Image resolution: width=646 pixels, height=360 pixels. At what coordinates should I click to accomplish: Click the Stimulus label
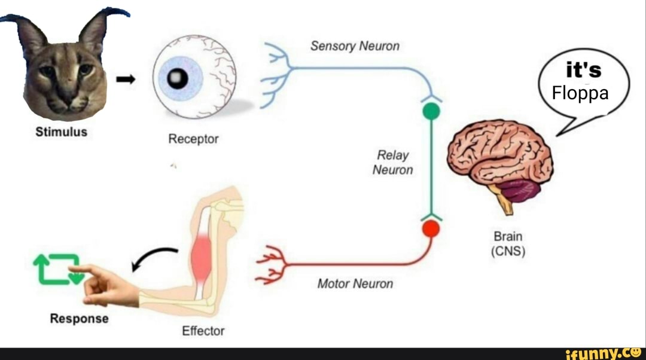(62, 132)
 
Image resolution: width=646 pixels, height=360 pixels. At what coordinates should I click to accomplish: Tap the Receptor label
(193, 139)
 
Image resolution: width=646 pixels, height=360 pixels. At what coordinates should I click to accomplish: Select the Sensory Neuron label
(355, 46)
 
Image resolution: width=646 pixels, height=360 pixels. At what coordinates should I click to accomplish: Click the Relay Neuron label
(392, 163)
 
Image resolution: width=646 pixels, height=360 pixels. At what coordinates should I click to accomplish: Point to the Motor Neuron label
(355, 283)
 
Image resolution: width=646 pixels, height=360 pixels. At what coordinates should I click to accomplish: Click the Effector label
(203, 331)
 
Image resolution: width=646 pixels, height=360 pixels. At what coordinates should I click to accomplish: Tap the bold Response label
(79, 319)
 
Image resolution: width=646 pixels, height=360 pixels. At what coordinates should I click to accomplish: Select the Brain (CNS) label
(508, 244)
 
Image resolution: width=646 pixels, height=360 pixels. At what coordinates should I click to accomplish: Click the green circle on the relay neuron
(431, 111)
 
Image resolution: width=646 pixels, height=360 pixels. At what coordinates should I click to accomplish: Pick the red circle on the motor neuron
(431, 229)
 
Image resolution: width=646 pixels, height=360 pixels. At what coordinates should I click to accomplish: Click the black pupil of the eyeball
(178, 78)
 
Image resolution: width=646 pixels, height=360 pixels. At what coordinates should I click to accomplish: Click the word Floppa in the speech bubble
(580, 93)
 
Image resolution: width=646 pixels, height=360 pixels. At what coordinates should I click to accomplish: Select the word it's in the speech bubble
(583, 71)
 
